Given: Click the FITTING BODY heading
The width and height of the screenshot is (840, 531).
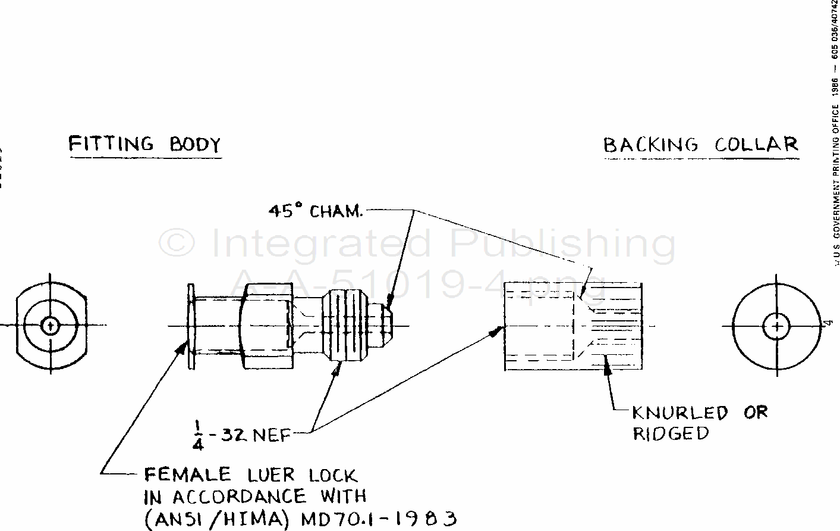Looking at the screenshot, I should pyautogui.click(x=144, y=144).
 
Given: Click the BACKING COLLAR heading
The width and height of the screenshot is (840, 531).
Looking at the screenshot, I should pyautogui.click(x=700, y=145).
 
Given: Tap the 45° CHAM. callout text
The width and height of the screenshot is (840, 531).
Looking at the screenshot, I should pyautogui.click(x=315, y=211).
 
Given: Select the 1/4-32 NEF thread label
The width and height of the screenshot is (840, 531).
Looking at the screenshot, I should pyautogui.click(x=241, y=434).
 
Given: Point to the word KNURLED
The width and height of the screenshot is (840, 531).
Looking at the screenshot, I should pyautogui.click(x=679, y=413).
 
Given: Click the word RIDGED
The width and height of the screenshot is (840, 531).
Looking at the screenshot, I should pyautogui.click(x=671, y=433).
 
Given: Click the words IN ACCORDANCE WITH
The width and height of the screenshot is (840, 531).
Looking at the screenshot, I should pyautogui.click(x=255, y=496).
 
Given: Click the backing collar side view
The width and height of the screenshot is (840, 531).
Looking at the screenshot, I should pyautogui.click(x=572, y=326).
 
